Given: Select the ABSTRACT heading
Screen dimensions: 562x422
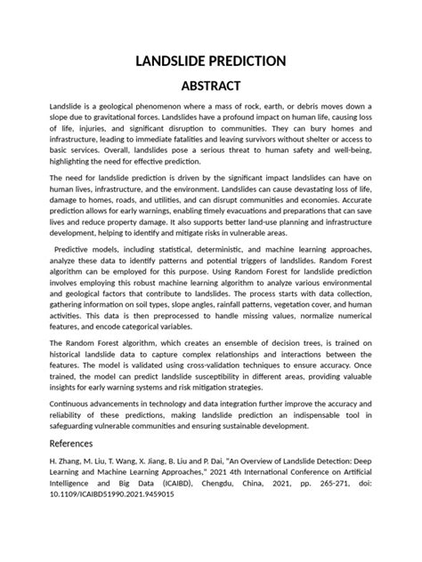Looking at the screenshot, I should pos(211,86).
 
